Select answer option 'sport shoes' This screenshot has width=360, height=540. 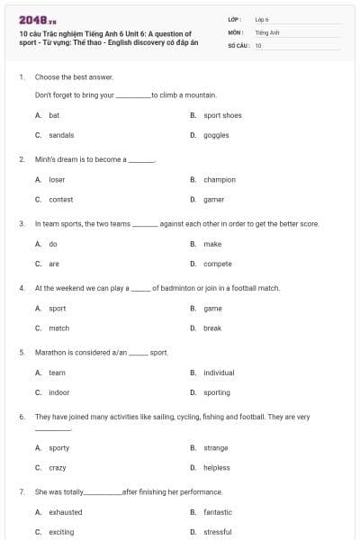point(222,115)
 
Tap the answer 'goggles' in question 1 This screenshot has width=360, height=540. point(216,135)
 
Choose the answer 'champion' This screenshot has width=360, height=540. point(219,179)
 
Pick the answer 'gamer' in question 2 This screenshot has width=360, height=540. point(213,199)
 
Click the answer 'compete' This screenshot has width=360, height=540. point(217,264)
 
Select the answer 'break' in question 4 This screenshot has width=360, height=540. point(211,328)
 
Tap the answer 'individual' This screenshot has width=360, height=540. point(219,373)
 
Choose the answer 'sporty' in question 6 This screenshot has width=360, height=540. point(58,447)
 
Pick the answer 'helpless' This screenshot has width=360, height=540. point(217,467)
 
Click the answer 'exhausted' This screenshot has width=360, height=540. point(65,512)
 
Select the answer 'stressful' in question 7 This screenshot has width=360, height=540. point(217,532)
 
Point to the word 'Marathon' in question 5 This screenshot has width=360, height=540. point(49,353)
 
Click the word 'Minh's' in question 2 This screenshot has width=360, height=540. point(45,159)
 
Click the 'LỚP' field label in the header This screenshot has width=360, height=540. point(235,19)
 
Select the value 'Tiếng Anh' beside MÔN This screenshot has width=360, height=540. point(267,31)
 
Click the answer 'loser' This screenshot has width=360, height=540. point(57,179)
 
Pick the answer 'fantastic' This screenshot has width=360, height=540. point(218,512)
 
